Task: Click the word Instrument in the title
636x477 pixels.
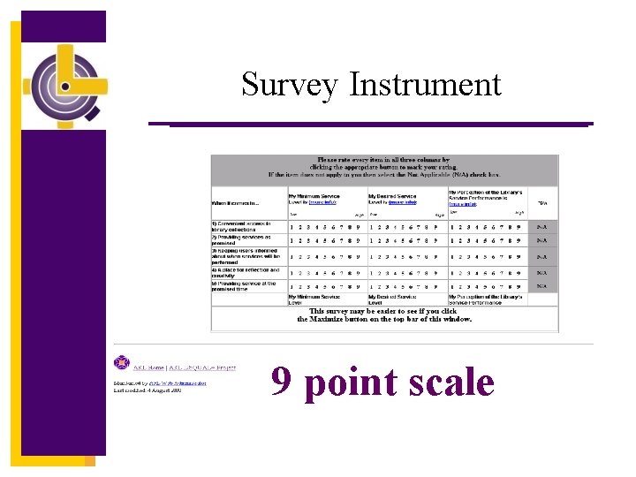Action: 425,86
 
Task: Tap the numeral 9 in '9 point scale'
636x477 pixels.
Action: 282,382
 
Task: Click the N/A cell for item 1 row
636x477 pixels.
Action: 541,226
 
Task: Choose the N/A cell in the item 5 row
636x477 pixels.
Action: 541,286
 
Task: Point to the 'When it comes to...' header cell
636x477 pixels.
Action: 231,202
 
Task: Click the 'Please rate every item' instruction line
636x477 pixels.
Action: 384,161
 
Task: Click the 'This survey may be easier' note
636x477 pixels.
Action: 384,314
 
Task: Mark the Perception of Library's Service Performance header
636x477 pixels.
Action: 486,195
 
